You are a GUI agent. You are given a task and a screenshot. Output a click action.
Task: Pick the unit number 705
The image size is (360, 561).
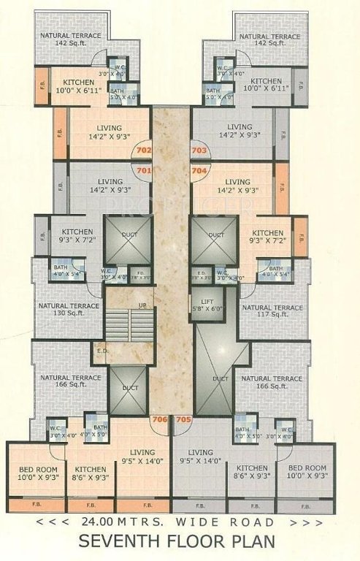tap(183, 419)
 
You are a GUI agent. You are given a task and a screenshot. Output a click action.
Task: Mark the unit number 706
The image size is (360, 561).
tap(158, 419)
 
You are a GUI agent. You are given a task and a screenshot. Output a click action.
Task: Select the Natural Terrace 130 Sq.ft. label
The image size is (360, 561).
tap(70, 310)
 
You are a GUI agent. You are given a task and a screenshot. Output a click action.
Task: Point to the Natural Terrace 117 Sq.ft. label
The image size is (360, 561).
tap(272, 310)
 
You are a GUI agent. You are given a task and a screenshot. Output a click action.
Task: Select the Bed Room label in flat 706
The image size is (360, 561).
tap(34, 471)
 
